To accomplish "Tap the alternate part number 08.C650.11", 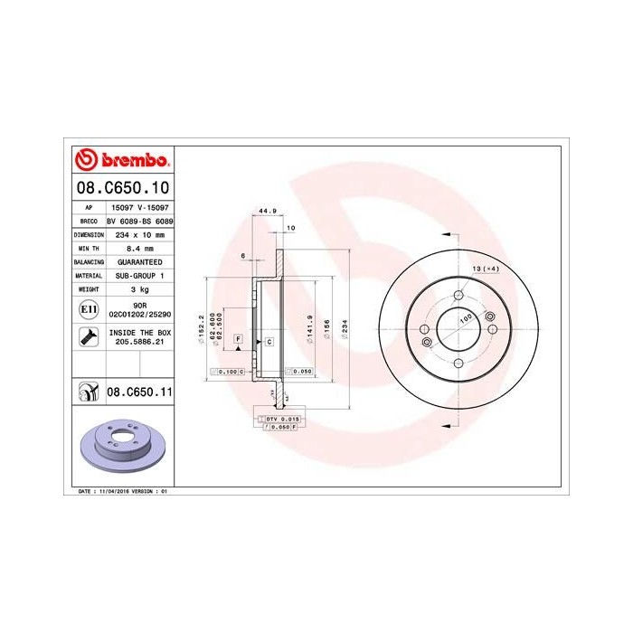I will (x=139, y=392).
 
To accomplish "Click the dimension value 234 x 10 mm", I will (x=140, y=233).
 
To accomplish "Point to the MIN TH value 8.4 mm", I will (x=140, y=247).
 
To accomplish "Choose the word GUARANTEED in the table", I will (x=140, y=260).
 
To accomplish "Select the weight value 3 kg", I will (x=140, y=289).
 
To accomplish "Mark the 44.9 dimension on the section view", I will (x=268, y=212).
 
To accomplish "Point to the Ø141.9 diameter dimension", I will (x=309, y=324).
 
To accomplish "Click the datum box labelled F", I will (x=237, y=338).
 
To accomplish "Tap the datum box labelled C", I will (x=269, y=342).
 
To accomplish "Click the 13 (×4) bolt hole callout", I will (x=487, y=269).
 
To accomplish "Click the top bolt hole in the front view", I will (x=458, y=297).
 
